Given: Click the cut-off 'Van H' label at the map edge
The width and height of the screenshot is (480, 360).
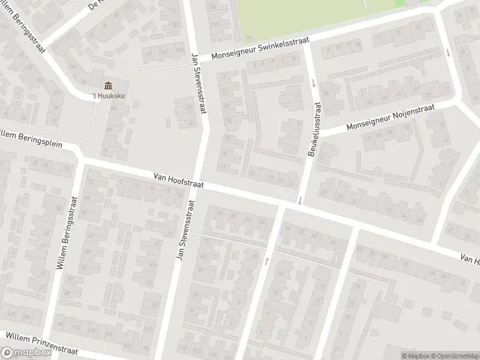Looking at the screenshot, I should pos(470,259).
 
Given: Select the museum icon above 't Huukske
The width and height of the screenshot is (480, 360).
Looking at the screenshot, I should pos(108,86).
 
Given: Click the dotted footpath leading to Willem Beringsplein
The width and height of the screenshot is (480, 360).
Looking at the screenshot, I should pos(88,130).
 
